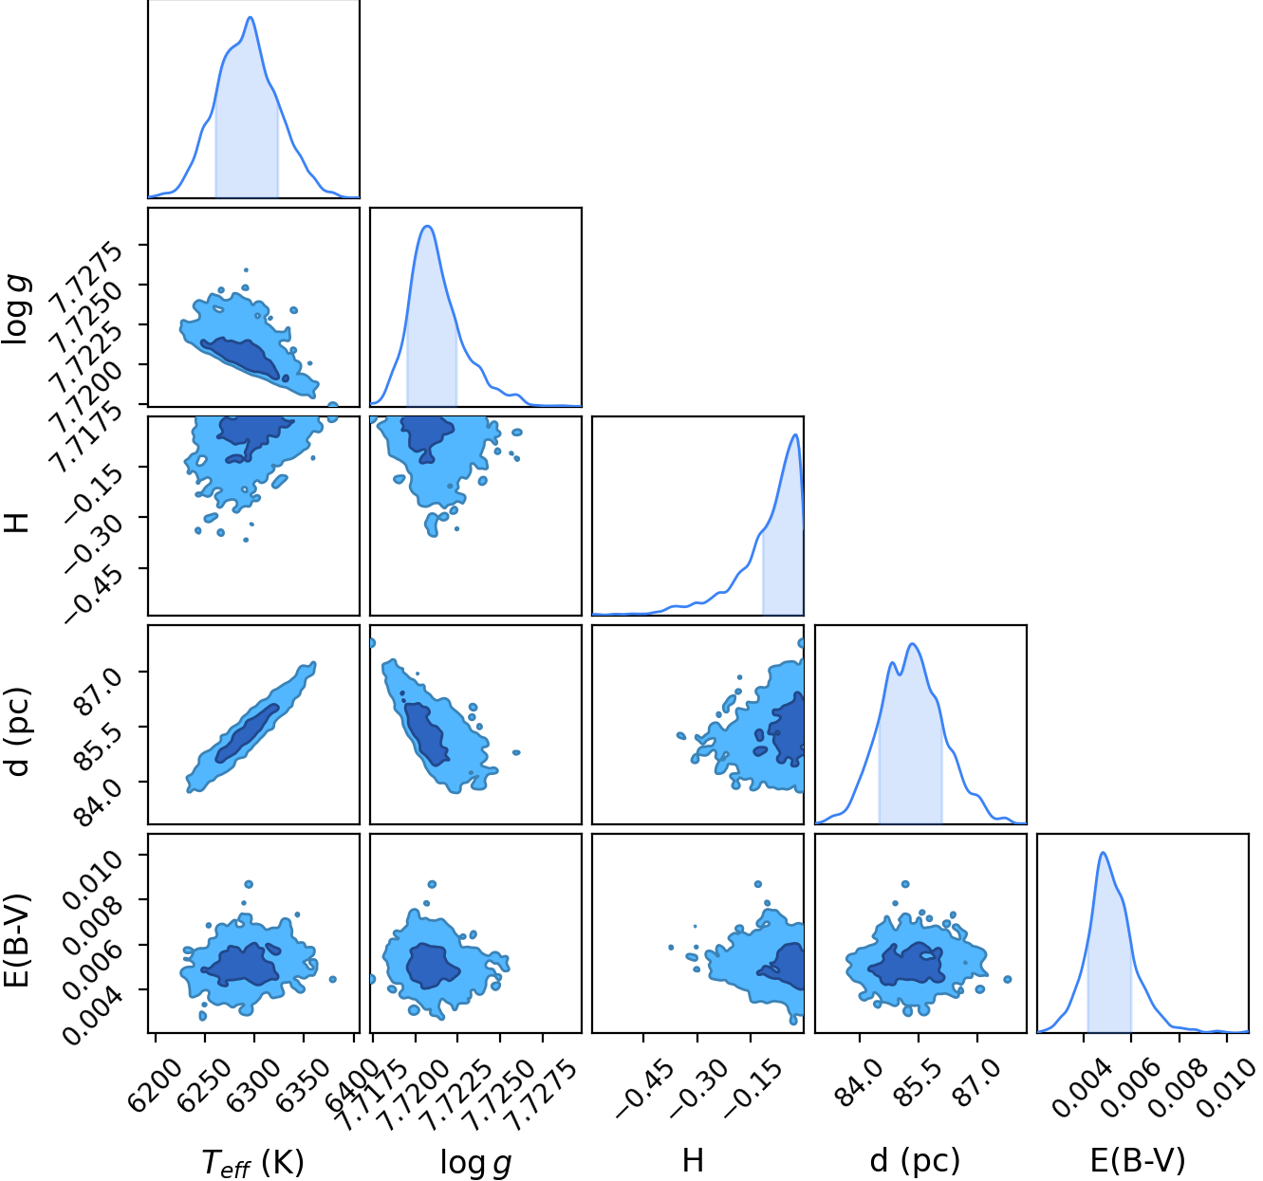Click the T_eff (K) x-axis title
point(252,1163)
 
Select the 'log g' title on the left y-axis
point(16,309)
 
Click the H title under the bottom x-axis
point(693,1161)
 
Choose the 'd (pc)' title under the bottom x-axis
point(915,1162)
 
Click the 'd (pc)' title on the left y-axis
point(18,731)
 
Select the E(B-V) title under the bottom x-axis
point(1138,1161)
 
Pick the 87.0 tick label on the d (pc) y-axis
point(100,692)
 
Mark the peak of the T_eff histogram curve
point(251,17)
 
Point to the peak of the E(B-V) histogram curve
point(1104,853)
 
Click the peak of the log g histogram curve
point(428,226)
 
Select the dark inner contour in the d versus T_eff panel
point(248,732)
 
